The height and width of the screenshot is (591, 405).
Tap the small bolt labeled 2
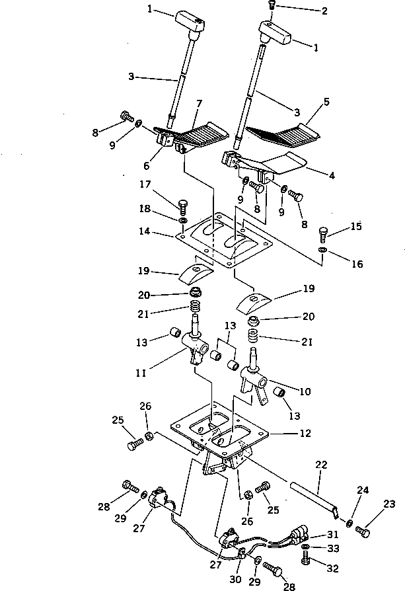pyautogui.click(x=272, y=6)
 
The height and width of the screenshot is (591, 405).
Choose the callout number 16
pyautogui.click(x=357, y=264)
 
